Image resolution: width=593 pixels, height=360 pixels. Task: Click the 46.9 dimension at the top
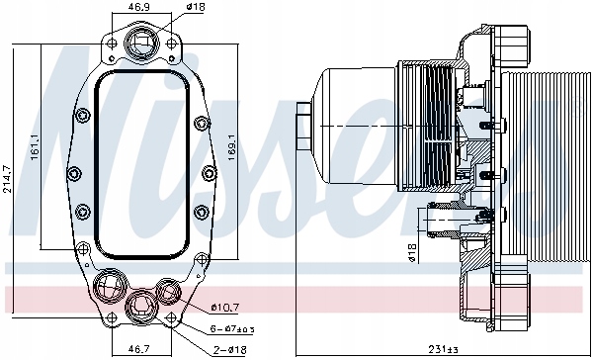click(x=141, y=8)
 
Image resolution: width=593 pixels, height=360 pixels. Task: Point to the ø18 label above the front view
click(x=197, y=8)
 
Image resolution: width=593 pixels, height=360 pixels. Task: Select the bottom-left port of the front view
click(x=106, y=290)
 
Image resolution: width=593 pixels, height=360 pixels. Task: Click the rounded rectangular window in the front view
click(x=139, y=164)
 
